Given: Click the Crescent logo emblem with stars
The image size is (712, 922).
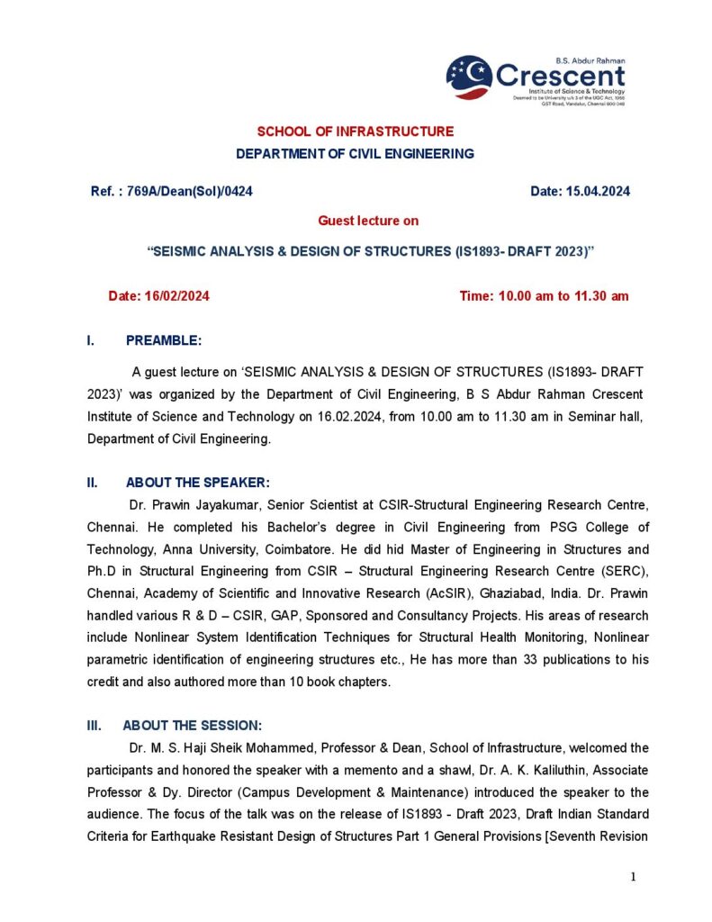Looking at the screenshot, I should (x=469, y=77).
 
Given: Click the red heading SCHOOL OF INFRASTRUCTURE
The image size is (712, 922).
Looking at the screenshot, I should (x=356, y=131).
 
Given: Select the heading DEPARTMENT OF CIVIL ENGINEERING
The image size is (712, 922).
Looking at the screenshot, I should (x=355, y=154).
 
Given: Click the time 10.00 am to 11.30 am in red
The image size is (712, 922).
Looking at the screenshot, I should (x=544, y=296).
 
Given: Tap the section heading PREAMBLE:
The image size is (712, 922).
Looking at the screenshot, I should (x=164, y=340).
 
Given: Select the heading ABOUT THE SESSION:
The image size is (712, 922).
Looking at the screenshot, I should (x=194, y=725).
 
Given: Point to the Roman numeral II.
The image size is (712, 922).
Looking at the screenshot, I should (x=92, y=483).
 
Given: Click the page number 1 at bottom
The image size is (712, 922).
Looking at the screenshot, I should (x=634, y=878).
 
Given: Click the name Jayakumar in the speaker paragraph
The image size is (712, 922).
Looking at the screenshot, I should (x=237, y=504).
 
